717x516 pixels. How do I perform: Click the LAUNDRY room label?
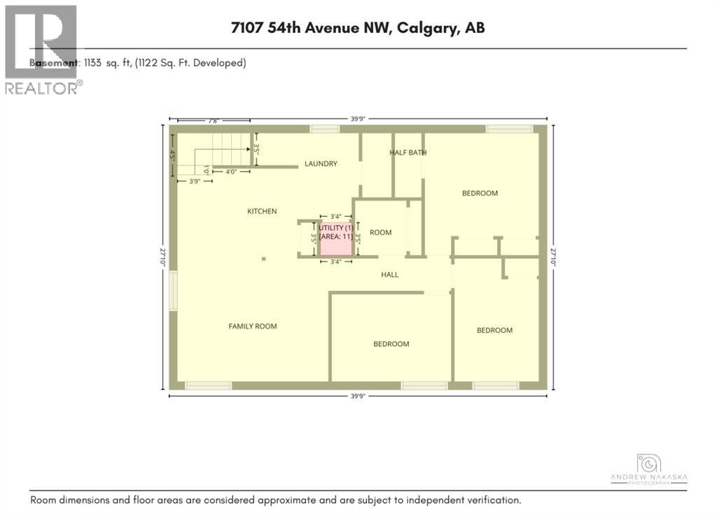(x=321, y=164)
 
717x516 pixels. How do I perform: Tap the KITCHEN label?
(x=262, y=211)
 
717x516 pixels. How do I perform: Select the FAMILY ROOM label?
(x=253, y=326)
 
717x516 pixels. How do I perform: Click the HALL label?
(x=390, y=275)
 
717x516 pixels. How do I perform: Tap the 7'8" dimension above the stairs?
(x=213, y=120)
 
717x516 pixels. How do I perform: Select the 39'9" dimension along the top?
(x=357, y=119)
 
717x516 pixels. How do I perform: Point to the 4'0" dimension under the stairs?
(x=230, y=171)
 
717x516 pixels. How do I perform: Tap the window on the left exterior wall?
(x=173, y=290)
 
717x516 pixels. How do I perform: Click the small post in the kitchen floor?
(x=264, y=259)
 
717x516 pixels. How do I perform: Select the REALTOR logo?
(x=41, y=49)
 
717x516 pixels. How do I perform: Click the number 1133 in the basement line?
(x=93, y=63)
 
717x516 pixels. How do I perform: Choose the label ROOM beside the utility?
(x=381, y=232)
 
